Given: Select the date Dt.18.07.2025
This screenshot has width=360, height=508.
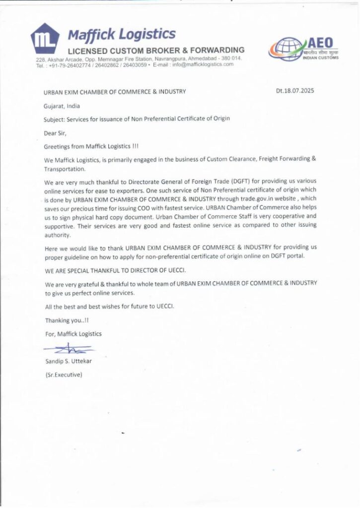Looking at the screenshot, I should tap(295, 91).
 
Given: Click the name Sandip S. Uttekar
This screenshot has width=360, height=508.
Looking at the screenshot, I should tap(69, 361).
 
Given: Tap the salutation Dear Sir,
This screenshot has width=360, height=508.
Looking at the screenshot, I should tap(55, 133).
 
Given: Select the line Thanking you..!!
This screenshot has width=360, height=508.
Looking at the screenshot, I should tap(64, 320).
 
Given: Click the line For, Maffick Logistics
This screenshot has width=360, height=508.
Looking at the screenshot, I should tap(73, 334).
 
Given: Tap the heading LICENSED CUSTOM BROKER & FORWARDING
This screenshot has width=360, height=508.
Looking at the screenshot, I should tap(156, 50).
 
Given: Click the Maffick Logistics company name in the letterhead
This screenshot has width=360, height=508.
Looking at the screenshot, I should tap(121, 34).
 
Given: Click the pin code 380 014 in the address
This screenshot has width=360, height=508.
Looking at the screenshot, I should tap(230, 59).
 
